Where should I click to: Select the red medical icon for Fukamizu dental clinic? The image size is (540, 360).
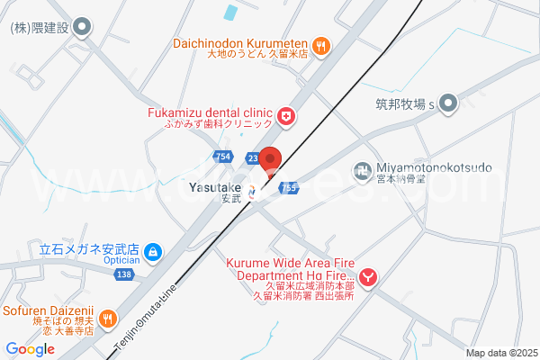click(x=285, y=115)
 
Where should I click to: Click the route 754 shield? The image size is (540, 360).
click(x=224, y=157)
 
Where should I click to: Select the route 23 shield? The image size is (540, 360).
click(x=253, y=158)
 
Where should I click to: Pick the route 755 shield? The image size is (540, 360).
click(x=288, y=188)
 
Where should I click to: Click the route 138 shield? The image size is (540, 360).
click(x=124, y=274)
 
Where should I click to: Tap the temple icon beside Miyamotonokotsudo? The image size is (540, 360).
click(x=362, y=168)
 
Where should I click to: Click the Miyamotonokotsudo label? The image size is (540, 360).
click(x=435, y=168)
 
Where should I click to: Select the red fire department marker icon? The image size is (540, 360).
click(x=367, y=278)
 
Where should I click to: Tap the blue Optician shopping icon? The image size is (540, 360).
click(x=153, y=253)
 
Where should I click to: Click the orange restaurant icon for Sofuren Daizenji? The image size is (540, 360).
click(x=108, y=317)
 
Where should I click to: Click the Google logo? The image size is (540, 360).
click(x=30, y=349)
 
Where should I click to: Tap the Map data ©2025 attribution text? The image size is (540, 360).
click(x=500, y=353)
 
